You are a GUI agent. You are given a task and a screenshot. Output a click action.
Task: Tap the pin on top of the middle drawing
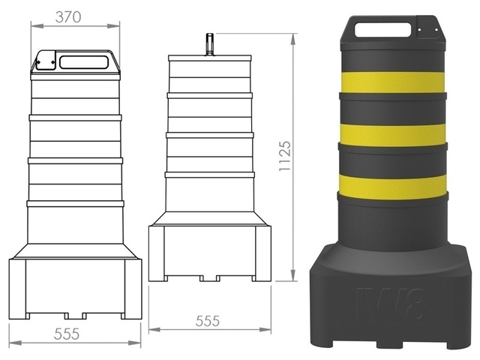211,43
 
